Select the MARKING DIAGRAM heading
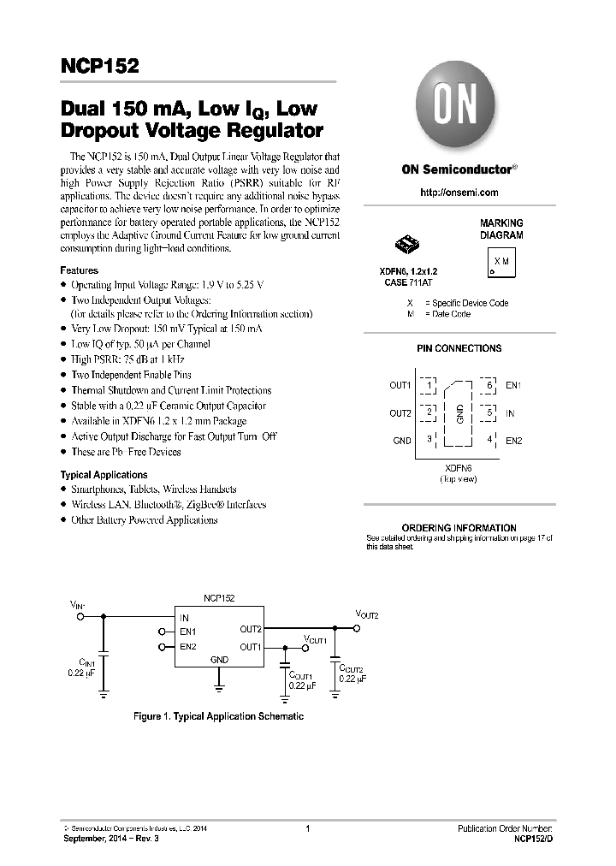pos(500,228)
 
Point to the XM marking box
pos(501,260)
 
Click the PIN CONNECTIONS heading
pos(459,348)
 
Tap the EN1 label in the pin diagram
pos(512,386)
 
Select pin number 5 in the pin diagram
pos(489,412)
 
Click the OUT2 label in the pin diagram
pos(400,413)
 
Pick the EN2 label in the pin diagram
pos(513,441)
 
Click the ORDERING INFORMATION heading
pos(459,528)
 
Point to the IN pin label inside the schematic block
pos(184,617)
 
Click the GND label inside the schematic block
pos(219,660)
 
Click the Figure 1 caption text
pos(218,716)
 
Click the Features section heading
pos(79,270)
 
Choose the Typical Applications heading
pos(104,474)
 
